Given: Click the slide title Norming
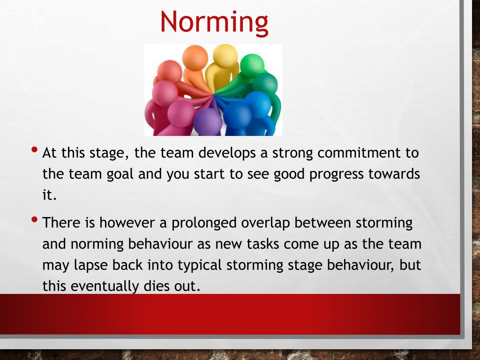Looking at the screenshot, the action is pyautogui.click(x=214, y=22).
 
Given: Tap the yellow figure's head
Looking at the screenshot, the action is pyautogui.click(x=225, y=56).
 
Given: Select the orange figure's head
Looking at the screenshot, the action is pyautogui.click(x=195, y=58).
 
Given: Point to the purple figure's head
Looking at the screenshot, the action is pyautogui.click(x=208, y=122).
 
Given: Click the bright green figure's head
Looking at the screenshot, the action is pyautogui.click(x=252, y=65).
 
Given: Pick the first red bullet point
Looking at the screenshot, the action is pyautogui.click(x=35, y=150).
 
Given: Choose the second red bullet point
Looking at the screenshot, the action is pyautogui.click(x=35, y=219).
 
